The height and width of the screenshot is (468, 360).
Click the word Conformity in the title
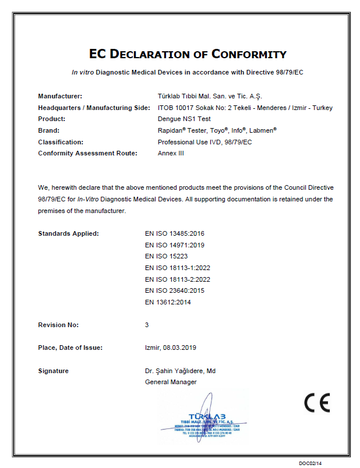coord(249,54)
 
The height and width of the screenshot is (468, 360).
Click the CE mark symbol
coord(317,402)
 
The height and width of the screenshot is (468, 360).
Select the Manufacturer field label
coord(60,96)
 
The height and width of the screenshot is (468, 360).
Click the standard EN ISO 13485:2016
coord(175,233)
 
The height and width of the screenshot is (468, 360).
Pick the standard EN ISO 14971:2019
coord(175,245)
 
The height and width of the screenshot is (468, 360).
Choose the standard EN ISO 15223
coord(166,256)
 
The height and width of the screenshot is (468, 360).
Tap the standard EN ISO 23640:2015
coord(175,290)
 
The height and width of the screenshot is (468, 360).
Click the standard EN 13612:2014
coord(168,302)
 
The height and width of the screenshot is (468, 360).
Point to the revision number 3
coord(147,325)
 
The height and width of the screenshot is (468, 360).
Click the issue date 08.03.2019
coord(180,348)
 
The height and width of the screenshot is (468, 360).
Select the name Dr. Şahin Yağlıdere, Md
coord(181,371)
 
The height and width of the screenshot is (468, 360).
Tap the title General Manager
coord(171,382)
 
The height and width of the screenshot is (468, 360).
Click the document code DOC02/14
coord(310,463)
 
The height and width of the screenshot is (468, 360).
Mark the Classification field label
coord(61,142)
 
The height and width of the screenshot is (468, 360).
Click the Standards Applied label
coord(68,233)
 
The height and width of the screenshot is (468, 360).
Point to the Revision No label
coord(58,325)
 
